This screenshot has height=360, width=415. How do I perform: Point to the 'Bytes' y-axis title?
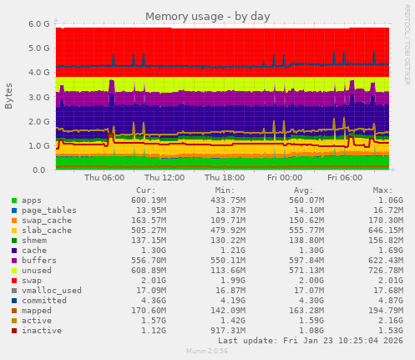pos(9,96)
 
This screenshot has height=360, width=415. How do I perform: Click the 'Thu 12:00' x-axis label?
pos(164,178)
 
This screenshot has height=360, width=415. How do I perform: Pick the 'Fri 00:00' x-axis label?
pos(285,178)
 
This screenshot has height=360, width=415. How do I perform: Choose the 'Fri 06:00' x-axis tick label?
pos(345,178)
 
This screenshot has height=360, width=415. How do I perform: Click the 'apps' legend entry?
pos(33,200)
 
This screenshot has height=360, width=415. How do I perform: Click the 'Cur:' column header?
pos(145,190)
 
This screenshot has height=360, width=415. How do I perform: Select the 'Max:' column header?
pos(382,190)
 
